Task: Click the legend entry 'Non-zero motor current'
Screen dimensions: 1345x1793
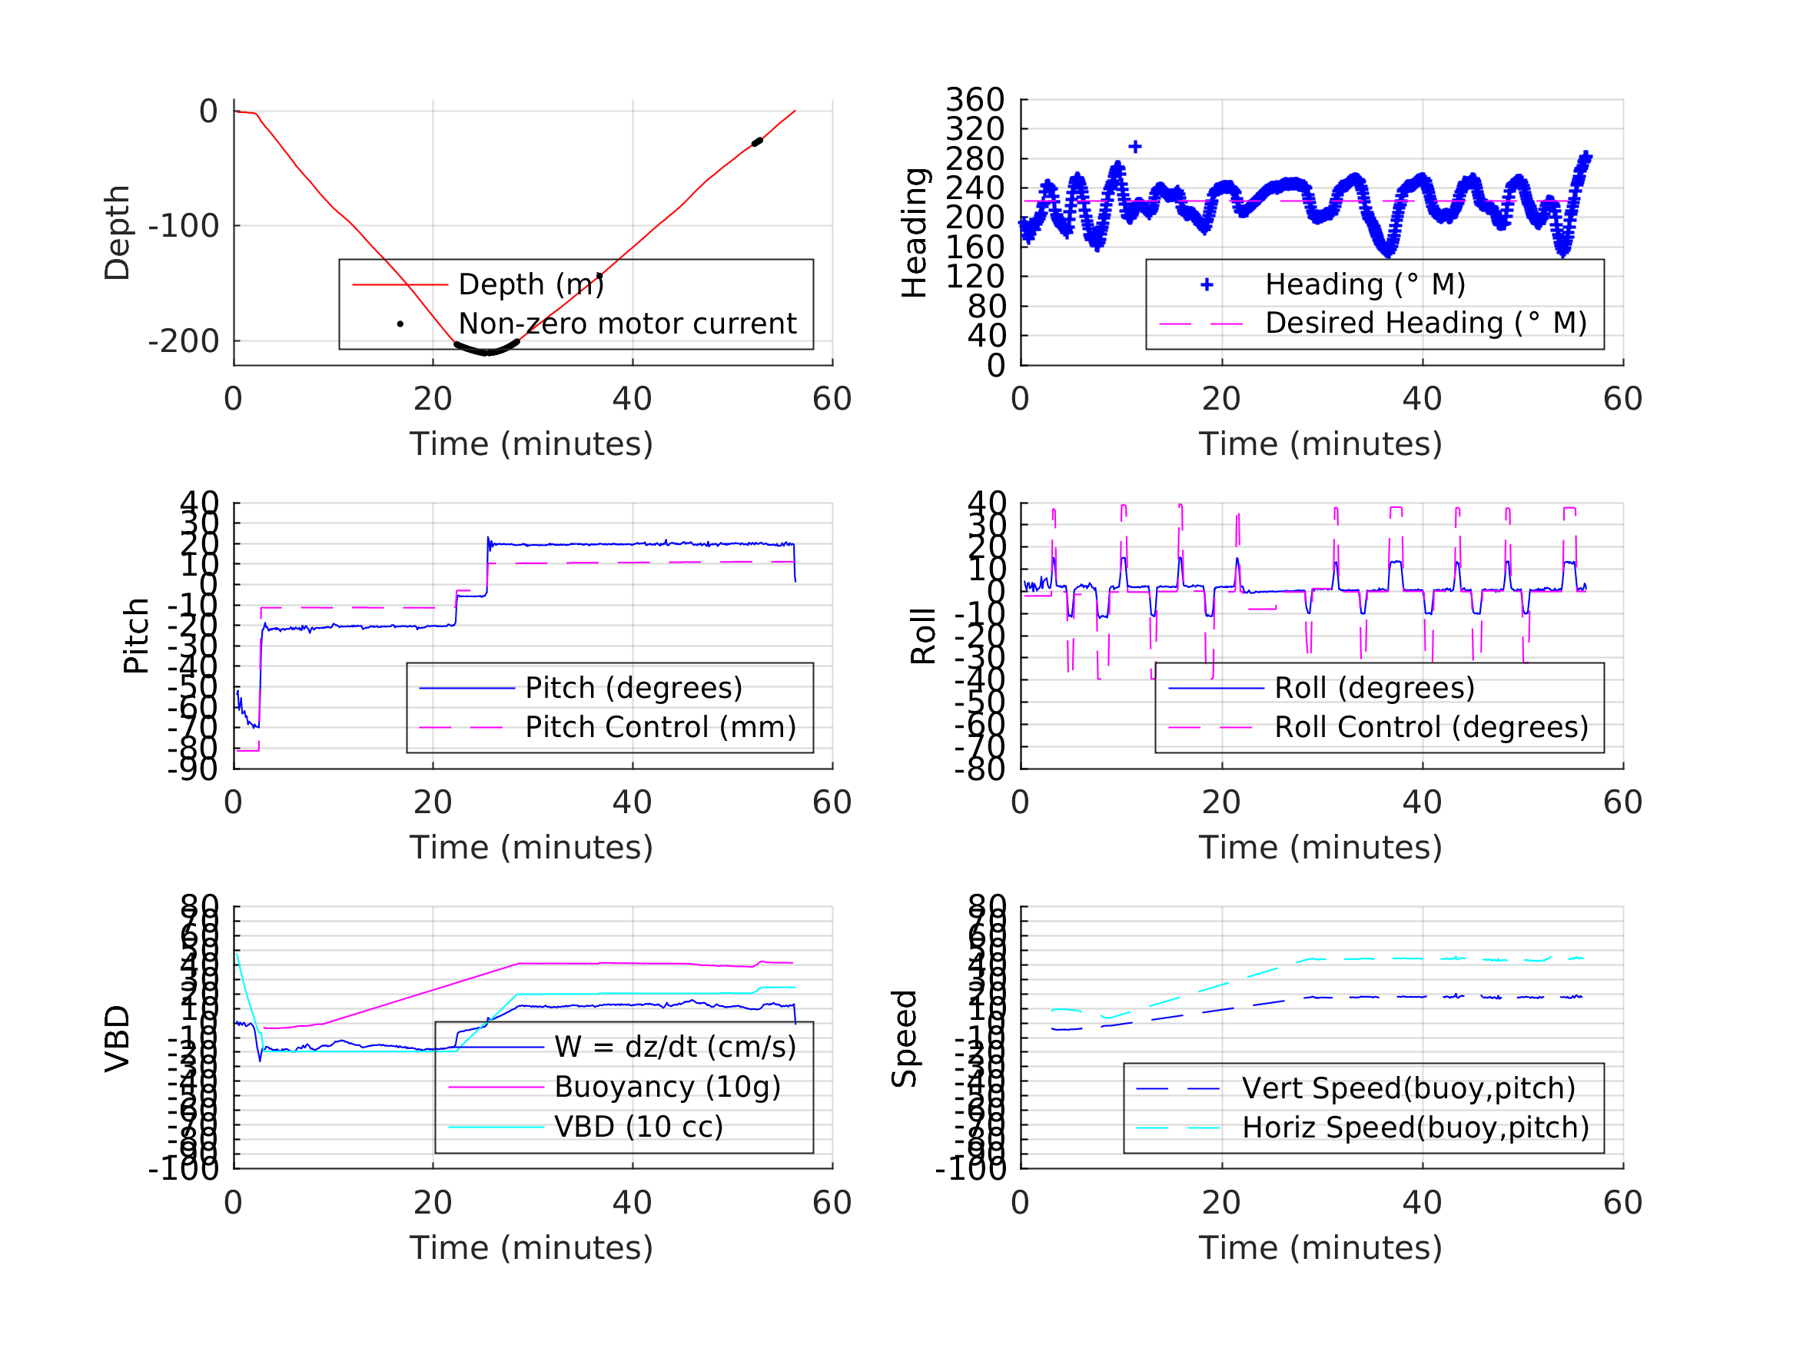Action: click(x=626, y=324)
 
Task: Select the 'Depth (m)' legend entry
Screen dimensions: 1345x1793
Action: click(x=531, y=284)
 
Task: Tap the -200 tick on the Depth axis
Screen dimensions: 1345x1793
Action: click(x=184, y=341)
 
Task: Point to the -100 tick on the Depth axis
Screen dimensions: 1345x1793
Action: click(x=184, y=226)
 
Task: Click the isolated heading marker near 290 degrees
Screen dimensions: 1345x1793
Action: click(x=1135, y=147)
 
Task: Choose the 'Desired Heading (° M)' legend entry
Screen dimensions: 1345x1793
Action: click(x=1425, y=324)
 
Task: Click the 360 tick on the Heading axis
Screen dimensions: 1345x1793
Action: click(x=975, y=100)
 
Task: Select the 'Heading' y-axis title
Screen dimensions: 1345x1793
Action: click(x=915, y=233)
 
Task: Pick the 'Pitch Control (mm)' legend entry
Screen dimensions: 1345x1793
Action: click(x=660, y=727)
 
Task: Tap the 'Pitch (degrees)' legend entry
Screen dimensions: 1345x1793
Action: click(x=633, y=688)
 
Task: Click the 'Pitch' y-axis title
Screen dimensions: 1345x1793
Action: click(x=136, y=636)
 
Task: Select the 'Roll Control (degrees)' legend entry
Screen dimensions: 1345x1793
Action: click(x=1431, y=727)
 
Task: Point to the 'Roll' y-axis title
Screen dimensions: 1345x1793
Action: click(x=923, y=636)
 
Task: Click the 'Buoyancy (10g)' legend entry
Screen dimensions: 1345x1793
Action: click(x=667, y=1088)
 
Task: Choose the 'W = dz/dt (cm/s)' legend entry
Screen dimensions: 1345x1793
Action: click(x=675, y=1048)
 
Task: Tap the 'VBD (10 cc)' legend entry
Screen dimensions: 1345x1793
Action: click(x=638, y=1127)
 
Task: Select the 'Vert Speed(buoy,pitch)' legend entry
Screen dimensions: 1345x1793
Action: click(x=1408, y=1088)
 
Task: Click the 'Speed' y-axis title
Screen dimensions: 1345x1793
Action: click(x=905, y=1038)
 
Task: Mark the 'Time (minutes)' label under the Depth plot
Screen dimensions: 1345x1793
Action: click(x=531, y=444)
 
